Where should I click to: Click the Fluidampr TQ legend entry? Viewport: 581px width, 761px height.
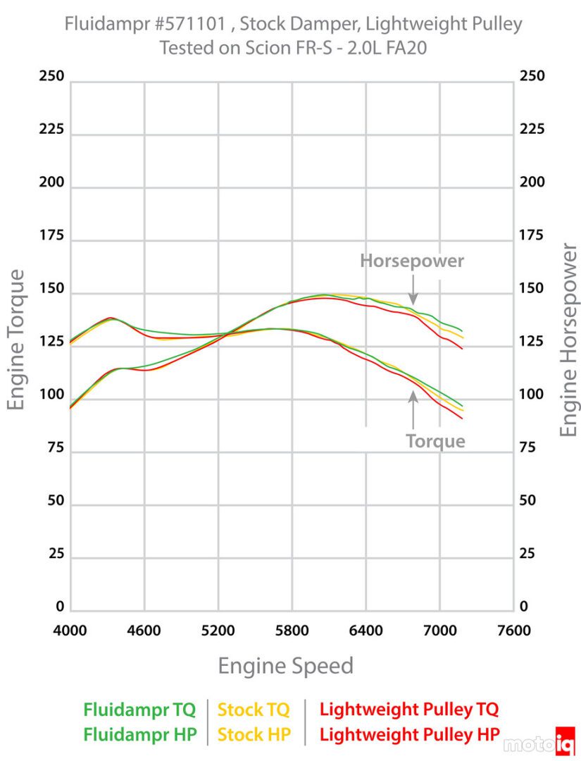[x=139, y=709]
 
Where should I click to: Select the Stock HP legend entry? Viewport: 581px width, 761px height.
[x=254, y=734]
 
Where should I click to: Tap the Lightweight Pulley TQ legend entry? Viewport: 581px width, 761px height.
[x=408, y=709]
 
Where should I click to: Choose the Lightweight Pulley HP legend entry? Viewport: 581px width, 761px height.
[x=408, y=734]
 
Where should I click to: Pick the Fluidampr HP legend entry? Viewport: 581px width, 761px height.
[x=139, y=734]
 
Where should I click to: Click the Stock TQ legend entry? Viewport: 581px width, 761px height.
[x=254, y=709]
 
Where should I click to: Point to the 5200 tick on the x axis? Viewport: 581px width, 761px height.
[x=218, y=630]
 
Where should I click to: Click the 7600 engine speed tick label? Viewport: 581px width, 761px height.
[x=513, y=630]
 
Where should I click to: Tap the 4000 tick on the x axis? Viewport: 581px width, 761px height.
[x=70, y=630]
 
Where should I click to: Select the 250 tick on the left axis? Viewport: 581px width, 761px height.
[x=51, y=76]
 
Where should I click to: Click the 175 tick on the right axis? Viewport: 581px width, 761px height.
[x=532, y=235]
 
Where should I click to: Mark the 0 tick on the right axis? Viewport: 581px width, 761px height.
[x=523, y=607]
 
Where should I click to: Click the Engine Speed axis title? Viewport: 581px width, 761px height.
[x=285, y=666]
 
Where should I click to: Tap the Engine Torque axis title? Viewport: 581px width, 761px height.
[x=17, y=340]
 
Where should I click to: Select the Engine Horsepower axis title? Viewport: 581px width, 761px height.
[x=569, y=340]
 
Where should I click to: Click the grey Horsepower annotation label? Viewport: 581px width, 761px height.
[x=412, y=261]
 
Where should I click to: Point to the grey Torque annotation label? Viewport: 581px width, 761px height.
[x=435, y=441]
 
